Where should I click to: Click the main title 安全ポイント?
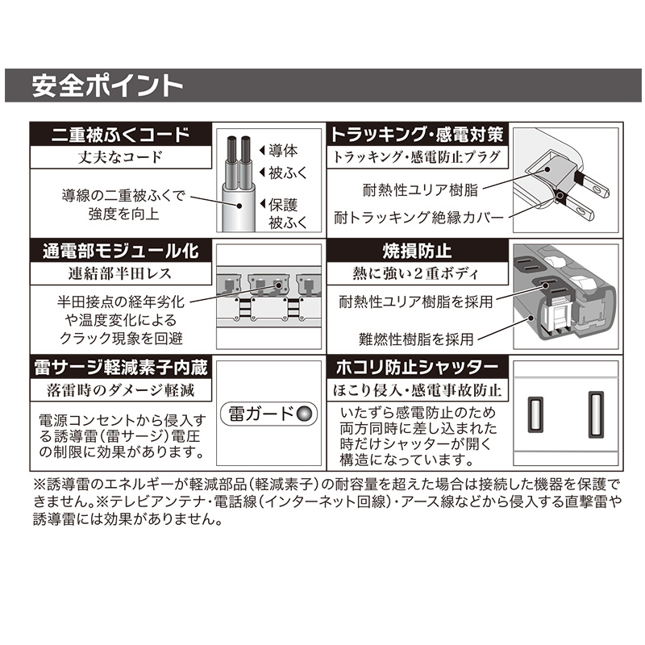coord(107,85)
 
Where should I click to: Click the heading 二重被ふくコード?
coord(120,135)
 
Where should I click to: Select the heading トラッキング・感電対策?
coord(417,135)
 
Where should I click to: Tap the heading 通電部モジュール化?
coord(120,252)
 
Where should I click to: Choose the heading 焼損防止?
coord(417,252)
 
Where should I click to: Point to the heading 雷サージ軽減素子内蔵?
coord(120,368)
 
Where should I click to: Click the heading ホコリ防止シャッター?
coord(417,368)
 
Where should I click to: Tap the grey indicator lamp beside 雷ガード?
coord(305,414)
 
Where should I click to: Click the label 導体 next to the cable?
coord(283,151)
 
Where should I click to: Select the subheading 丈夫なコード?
coord(120,157)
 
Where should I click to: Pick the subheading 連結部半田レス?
coord(120,273)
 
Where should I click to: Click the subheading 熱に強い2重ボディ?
coord(416,273)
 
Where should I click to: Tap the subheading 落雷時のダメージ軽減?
coord(120,390)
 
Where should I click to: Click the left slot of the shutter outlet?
coord(535,414)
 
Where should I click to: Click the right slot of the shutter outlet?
coord(596,414)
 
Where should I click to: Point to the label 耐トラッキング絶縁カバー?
coord(418,217)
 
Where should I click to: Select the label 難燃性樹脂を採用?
coord(416,339)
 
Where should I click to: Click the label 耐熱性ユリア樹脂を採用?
coord(416,302)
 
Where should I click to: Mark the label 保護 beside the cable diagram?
coord(283,205)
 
